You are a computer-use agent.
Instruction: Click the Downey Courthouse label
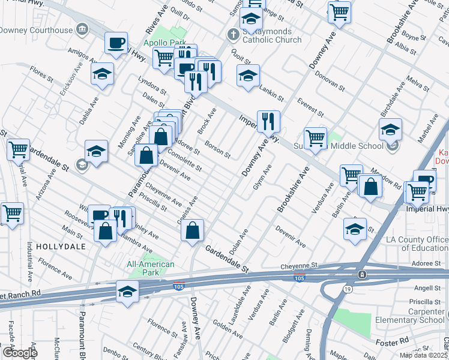(36, 29)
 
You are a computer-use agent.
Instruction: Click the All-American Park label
(151, 268)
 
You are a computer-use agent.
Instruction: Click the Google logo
(19, 353)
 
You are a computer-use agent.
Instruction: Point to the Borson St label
(217, 149)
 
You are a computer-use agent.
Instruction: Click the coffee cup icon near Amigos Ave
(116, 43)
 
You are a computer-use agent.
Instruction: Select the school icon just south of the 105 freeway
(127, 292)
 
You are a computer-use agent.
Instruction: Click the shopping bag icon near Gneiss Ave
(192, 230)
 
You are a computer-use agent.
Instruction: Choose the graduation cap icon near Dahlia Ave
(103, 74)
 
